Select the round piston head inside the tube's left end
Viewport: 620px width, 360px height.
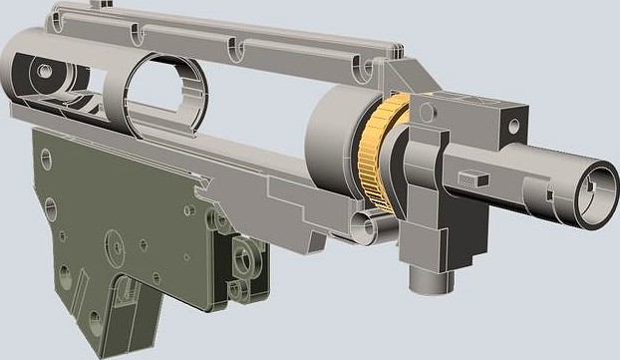point(45,75)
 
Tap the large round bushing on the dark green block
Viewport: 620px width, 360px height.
point(244,261)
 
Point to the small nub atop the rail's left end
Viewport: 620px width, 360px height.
point(96,5)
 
